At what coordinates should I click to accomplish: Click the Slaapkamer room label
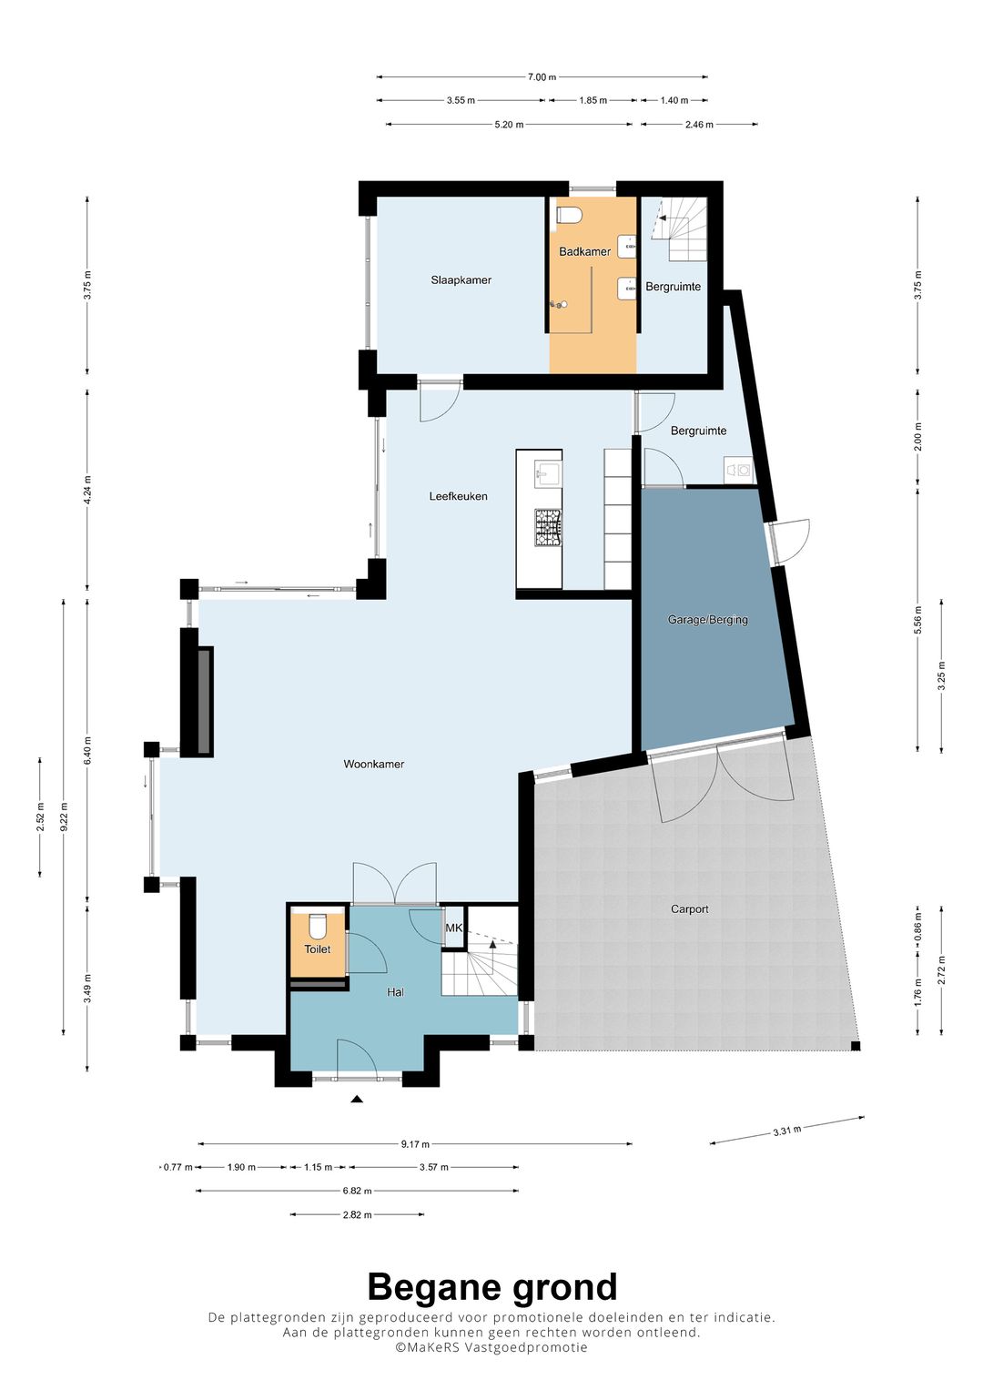(x=461, y=279)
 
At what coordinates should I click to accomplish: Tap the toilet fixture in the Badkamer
(x=569, y=215)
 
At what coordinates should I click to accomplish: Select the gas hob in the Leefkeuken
(x=548, y=528)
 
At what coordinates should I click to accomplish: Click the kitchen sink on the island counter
(x=548, y=474)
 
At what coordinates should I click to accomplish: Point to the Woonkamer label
(x=373, y=765)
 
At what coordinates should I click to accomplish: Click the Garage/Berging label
(x=707, y=619)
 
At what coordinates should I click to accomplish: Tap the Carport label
(x=690, y=909)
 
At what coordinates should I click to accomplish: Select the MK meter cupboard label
(x=453, y=928)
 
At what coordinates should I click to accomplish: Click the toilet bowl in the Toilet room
(x=318, y=926)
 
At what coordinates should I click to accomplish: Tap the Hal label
(x=395, y=992)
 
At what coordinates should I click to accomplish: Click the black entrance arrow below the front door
(x=356, y=1099)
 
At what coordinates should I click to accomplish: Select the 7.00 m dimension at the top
(x=542, y=77)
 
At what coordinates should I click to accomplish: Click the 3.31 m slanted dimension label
(x=787, y=1131)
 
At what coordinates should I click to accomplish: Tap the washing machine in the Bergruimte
(x=738, y=471)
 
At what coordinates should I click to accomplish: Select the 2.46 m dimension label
(x=699, y=125)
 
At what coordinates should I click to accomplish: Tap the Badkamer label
(x=584, y=251)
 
